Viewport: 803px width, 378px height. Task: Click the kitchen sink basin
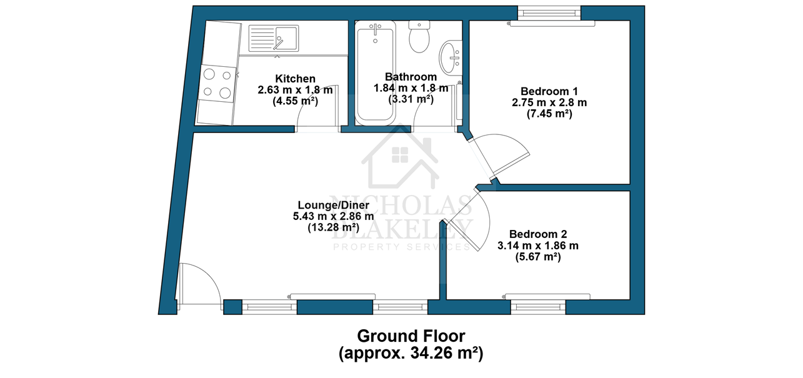(274, 38)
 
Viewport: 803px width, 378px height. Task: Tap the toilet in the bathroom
(419, 36)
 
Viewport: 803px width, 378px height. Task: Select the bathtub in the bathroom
(376, 72)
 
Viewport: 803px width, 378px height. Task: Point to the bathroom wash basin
(451, 58)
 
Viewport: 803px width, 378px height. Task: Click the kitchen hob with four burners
(217, 84)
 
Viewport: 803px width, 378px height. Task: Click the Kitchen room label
(295, 79)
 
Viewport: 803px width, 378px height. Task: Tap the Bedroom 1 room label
(549, 91)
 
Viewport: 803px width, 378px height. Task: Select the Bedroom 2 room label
(538, 234)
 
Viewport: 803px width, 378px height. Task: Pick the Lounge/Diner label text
(334, 205)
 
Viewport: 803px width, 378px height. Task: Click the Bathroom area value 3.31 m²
(411, 99)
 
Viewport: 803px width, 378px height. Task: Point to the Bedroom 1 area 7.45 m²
(549, 114)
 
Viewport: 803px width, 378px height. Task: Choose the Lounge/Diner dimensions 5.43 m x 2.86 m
(334, 216)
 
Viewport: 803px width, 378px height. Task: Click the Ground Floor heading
(411, 336)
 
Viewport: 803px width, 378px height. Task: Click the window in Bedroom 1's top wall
(549, 13)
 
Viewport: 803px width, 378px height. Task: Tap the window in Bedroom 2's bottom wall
(538, 307)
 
